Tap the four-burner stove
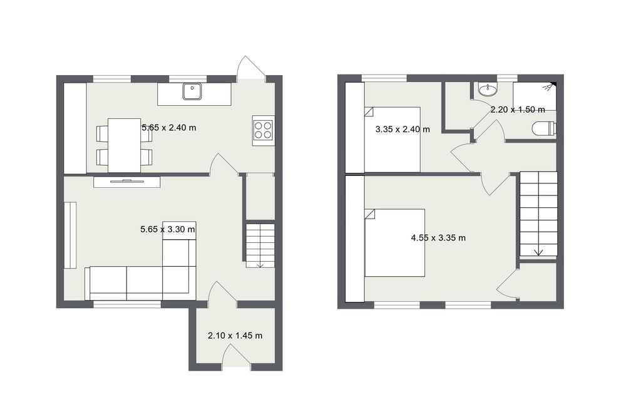coord(263,130)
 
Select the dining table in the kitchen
coord(124,145)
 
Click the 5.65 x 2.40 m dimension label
coord(169,128)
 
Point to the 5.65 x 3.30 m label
coord(168,229)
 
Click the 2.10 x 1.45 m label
coord(235,336)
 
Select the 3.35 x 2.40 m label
coord(403,130)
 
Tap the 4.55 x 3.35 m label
coord(438,238)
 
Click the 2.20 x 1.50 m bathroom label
coord(518,110)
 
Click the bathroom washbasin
coord(488,90)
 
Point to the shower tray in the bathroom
coord(534,96)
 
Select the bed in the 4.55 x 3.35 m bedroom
coord(394,242)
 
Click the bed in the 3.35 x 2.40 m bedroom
coord(393,140)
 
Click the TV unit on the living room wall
coord(127,182)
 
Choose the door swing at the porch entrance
coord(237,356)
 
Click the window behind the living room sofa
coord(127,304)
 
